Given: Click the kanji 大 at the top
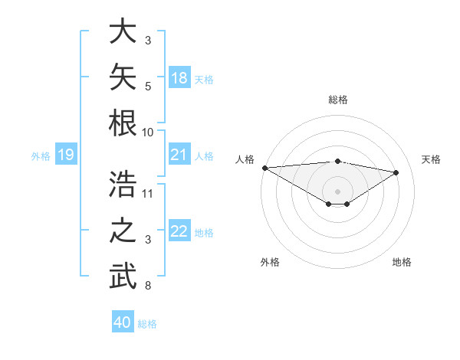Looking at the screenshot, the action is [x=123, y=31].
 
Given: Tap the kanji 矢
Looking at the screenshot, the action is [x=123, y=77].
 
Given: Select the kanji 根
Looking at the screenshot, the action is [x=123, y=123].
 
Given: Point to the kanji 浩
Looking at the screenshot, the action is [x=123, y=184].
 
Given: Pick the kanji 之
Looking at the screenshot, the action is [x=123, y=230].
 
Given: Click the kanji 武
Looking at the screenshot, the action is [x=123, y=276].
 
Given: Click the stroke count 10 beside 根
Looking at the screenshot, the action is [x=147, y=133].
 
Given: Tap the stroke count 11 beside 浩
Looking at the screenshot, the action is [x=147, y=194].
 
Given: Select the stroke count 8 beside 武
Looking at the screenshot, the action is [x=148, y=285].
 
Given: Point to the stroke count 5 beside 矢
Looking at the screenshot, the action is [x=148, y=87].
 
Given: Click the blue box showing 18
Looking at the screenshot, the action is [x=179, y=77].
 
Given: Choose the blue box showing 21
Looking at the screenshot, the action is [x=179, y=154].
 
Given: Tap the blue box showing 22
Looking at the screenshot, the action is [x=179, y=230].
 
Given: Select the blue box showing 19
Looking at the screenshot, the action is [x=66, y=154].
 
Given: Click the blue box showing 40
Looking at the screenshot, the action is [x=123, y=321].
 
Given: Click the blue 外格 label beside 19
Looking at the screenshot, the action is [x=41, y=156].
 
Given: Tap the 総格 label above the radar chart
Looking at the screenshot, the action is [x=338, y=100].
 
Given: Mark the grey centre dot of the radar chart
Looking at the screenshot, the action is [x=337, y=191].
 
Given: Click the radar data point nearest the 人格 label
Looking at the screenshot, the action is [x=265, y=168].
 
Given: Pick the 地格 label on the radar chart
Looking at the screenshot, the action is [x=402, y=262].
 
